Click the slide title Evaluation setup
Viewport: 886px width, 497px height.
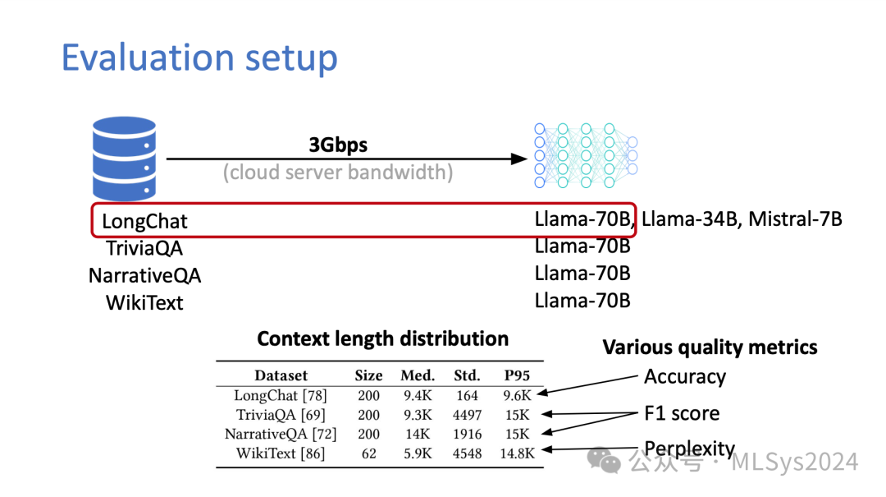click(199, 58)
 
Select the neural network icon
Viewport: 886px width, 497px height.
click(585, 150)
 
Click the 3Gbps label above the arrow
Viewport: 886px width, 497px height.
click(338, 145)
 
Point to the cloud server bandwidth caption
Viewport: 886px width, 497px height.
click(338, 173)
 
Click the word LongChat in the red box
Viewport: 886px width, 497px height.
click(144, 221)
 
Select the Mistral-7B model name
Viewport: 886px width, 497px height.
click(795, 219)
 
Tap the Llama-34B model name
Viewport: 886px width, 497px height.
click(689, 219)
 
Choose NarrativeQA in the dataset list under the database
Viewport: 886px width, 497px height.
click(144, 275)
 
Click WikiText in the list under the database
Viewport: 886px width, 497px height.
click(144, 302)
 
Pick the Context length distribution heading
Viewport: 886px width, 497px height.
click(382, 338)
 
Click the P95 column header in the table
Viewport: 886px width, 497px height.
click(517, 375)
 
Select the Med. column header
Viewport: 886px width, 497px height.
click(418, 375)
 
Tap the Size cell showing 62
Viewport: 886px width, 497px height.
click(368, 453)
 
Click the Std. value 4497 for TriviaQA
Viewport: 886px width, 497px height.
click(467, 415)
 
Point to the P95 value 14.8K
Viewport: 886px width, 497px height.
click(518, 453)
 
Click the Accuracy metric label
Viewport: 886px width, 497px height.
click(684, 377)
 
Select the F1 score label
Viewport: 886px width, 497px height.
click(681, 413)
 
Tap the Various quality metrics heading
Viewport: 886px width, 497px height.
click(710, 347)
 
